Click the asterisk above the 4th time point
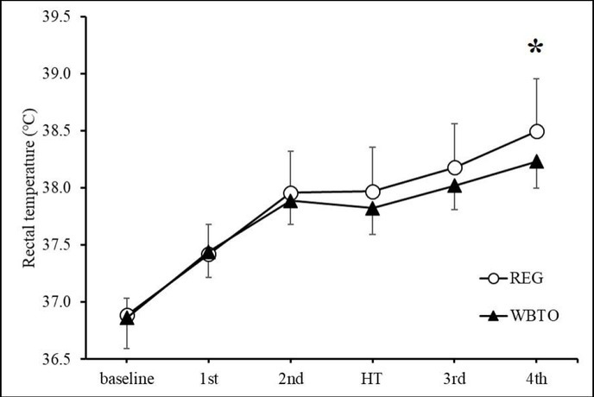pyautogui.click(x=536, y=47)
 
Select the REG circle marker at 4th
pyautogui.click(x=536, y=131)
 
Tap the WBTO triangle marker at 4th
pyautogui.click(x=536, y=161)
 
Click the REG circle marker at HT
pyautogui.click(x=372, y=192)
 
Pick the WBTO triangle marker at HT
pyautogui.click(x=372, y=208)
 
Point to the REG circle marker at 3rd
pyautogui.click(x=454, y=167)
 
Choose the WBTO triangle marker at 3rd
pyautogui.click(x=454, y=185)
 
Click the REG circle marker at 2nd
pyautogui.click(x=291, y=193)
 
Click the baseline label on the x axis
pyautogui.click(x=127, y=378)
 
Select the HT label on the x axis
pyautogui.click(x=372, y=378)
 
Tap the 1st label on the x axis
pyautogui.click(x=209, y=378)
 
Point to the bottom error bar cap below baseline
pyautogui.click(x=127, y=349)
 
